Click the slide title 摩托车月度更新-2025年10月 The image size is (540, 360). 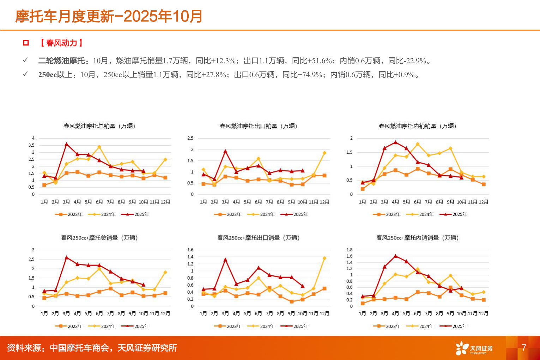click(109, 16)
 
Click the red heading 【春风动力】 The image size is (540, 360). click(62, 43)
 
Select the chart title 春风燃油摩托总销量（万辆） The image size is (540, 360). click(99, 126)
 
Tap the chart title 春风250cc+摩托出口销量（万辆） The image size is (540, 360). click(258, 238)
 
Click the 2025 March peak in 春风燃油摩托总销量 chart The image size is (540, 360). click(66, 144)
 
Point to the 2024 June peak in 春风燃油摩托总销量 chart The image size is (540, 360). click(99, 147)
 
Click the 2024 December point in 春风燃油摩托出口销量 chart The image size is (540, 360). click(324, 153)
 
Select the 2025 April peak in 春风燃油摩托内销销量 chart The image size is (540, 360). click(395, 142)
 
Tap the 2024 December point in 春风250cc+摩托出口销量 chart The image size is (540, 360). click(324, 258)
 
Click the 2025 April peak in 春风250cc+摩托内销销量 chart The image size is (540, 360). click(395, 256)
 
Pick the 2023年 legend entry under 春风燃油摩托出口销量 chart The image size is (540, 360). click(228, 214)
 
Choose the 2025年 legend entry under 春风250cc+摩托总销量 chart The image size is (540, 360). click(135, 326)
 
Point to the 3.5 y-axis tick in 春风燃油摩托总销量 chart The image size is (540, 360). click(32, 145)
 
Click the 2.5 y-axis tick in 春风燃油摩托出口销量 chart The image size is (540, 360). click(190, 138)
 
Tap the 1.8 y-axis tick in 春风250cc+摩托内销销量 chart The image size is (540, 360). click(349, 250)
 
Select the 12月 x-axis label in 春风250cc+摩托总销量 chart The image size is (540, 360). click(165, 313)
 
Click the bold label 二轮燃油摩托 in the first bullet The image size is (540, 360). click(62, 61)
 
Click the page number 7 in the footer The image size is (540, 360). click(524, 348)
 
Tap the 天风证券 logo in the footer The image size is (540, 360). click(474, 348)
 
